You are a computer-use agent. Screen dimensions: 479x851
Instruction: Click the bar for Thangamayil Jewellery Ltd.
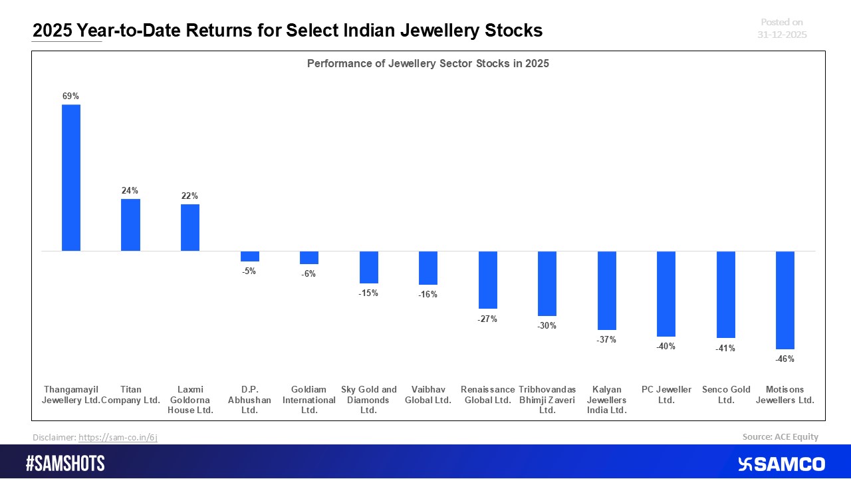[x=71, y=178]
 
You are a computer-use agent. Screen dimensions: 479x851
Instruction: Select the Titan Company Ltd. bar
[x=130, y=225]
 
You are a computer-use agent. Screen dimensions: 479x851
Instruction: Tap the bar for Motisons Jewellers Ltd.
[x=785, y=300]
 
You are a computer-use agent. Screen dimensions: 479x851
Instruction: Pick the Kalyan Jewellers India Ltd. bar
[x=606, y=290]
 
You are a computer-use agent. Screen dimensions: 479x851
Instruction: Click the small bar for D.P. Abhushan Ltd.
[x=249, y=256]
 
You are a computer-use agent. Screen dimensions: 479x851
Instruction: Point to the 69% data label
[x=70, y=96]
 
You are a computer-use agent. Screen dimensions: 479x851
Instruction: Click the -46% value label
[x=785, y=359]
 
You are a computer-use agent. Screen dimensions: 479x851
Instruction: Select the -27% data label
[x=487, y=319]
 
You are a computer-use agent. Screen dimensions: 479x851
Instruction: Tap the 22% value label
[x=189, y=196]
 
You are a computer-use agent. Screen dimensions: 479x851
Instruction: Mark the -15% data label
[x=368, y=293]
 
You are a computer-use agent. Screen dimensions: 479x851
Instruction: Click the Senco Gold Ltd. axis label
[x=726, y=395]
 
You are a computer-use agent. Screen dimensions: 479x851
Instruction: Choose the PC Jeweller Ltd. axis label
[x=666, y=395]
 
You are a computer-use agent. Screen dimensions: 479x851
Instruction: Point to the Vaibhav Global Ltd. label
[x=428, y=395]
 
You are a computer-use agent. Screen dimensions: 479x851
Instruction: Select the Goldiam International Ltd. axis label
[x=309, y=400]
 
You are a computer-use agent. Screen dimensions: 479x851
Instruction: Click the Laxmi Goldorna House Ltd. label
[x=190, y=400]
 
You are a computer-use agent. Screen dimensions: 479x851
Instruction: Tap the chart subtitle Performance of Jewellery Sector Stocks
[x=427, y=64]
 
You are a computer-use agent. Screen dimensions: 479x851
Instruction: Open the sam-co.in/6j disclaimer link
[x=118, y=437]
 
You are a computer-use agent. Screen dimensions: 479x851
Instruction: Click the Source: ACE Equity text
[x=780, y=437]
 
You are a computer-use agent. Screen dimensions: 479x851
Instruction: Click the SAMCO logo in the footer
[x=781, y=464]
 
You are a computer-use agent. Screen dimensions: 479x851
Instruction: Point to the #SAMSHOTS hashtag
[x=65, y=464]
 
